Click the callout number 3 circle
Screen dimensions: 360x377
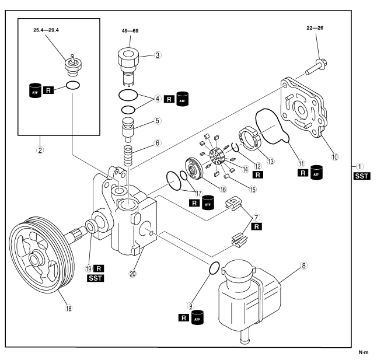point(158,55)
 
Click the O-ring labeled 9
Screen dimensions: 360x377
point(214,267)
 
